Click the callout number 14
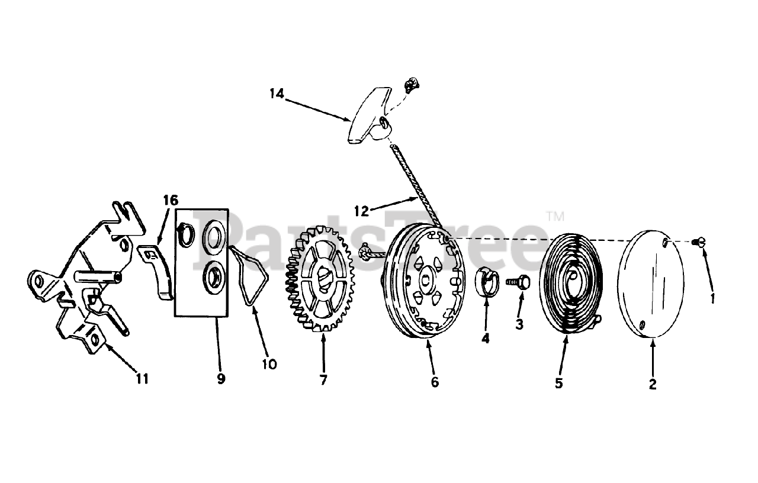[277, 94]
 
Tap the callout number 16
[170, 201]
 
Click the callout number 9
[221, 379]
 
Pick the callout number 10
[269, 364]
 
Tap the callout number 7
[323, 380]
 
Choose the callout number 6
[435, 382]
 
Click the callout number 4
[486, 339]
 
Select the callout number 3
[519, 324]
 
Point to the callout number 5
[558, 383]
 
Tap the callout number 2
[653, 384]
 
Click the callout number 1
[712, 298]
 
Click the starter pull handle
[370, 115]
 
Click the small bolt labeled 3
[518, 284]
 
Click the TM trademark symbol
[555, 216]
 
